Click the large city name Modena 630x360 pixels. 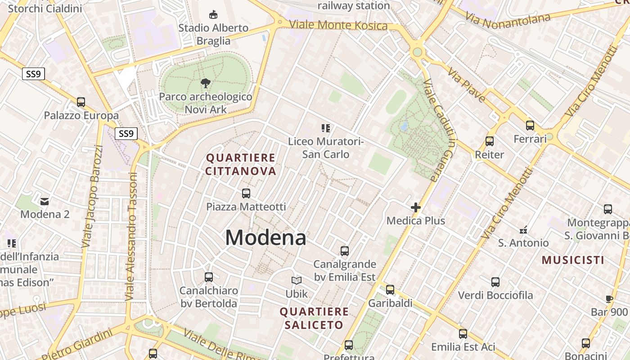(x=265, y=238)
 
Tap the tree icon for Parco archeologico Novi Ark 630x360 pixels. (x=206, y=83)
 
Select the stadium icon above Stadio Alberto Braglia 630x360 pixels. (x=213, y=15)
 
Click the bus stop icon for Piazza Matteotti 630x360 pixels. (x=246, y=193)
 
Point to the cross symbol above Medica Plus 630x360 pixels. (x=416, y=207)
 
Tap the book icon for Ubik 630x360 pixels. (x=297, y=281)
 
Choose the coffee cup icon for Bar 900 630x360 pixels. (x=609, y=299)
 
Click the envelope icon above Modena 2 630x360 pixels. (x=45, y=201)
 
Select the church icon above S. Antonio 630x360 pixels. (x=523, y=230)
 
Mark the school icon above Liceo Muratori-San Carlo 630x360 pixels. (x=326, y=128)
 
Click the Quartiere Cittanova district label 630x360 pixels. (x=241, y=164)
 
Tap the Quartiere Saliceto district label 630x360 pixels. (x=314, y=318)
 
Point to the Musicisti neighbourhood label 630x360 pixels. (x=573, y=260)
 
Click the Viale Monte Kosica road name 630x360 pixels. (x=338, y=25)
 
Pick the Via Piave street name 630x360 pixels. (x=466, y=85)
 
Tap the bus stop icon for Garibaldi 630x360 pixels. (x=390, y=290)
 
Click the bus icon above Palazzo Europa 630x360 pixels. (x=81, y=102)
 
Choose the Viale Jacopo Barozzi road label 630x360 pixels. (x=93, y=197)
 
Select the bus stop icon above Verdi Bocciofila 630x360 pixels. (x=495, y=282)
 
